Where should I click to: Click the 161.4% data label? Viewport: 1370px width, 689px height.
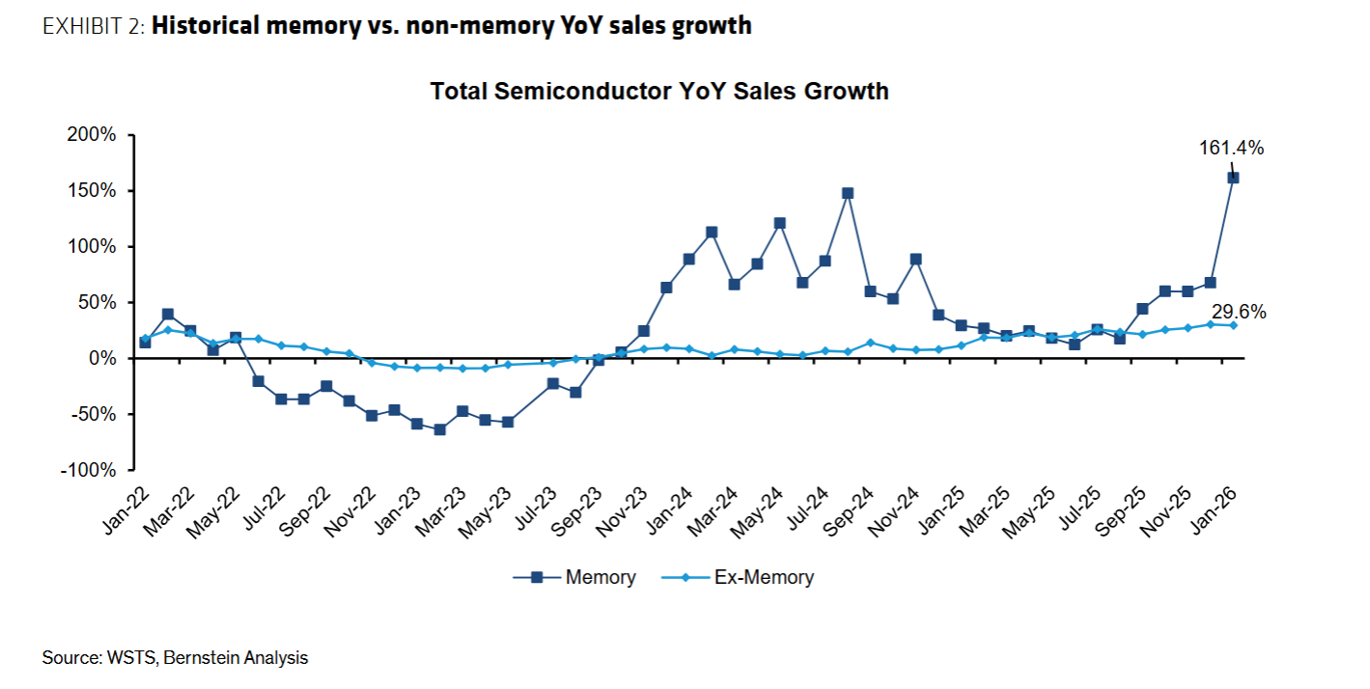(x=1231, y=148)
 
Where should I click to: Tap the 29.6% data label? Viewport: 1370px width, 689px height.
(x=1240, y=313)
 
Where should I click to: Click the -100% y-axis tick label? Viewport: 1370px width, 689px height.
(x=90, y=470)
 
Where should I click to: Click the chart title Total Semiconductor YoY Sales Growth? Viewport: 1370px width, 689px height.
(x=659, y=92)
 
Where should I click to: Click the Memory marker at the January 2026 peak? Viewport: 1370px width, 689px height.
(x=1233, y=178)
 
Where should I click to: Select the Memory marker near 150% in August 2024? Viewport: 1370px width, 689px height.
(x=848, y=193)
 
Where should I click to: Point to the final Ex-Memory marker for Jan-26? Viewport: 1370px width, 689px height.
(x=1233, y=325)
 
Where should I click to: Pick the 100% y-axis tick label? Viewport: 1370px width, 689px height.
(x=94, y=247)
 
